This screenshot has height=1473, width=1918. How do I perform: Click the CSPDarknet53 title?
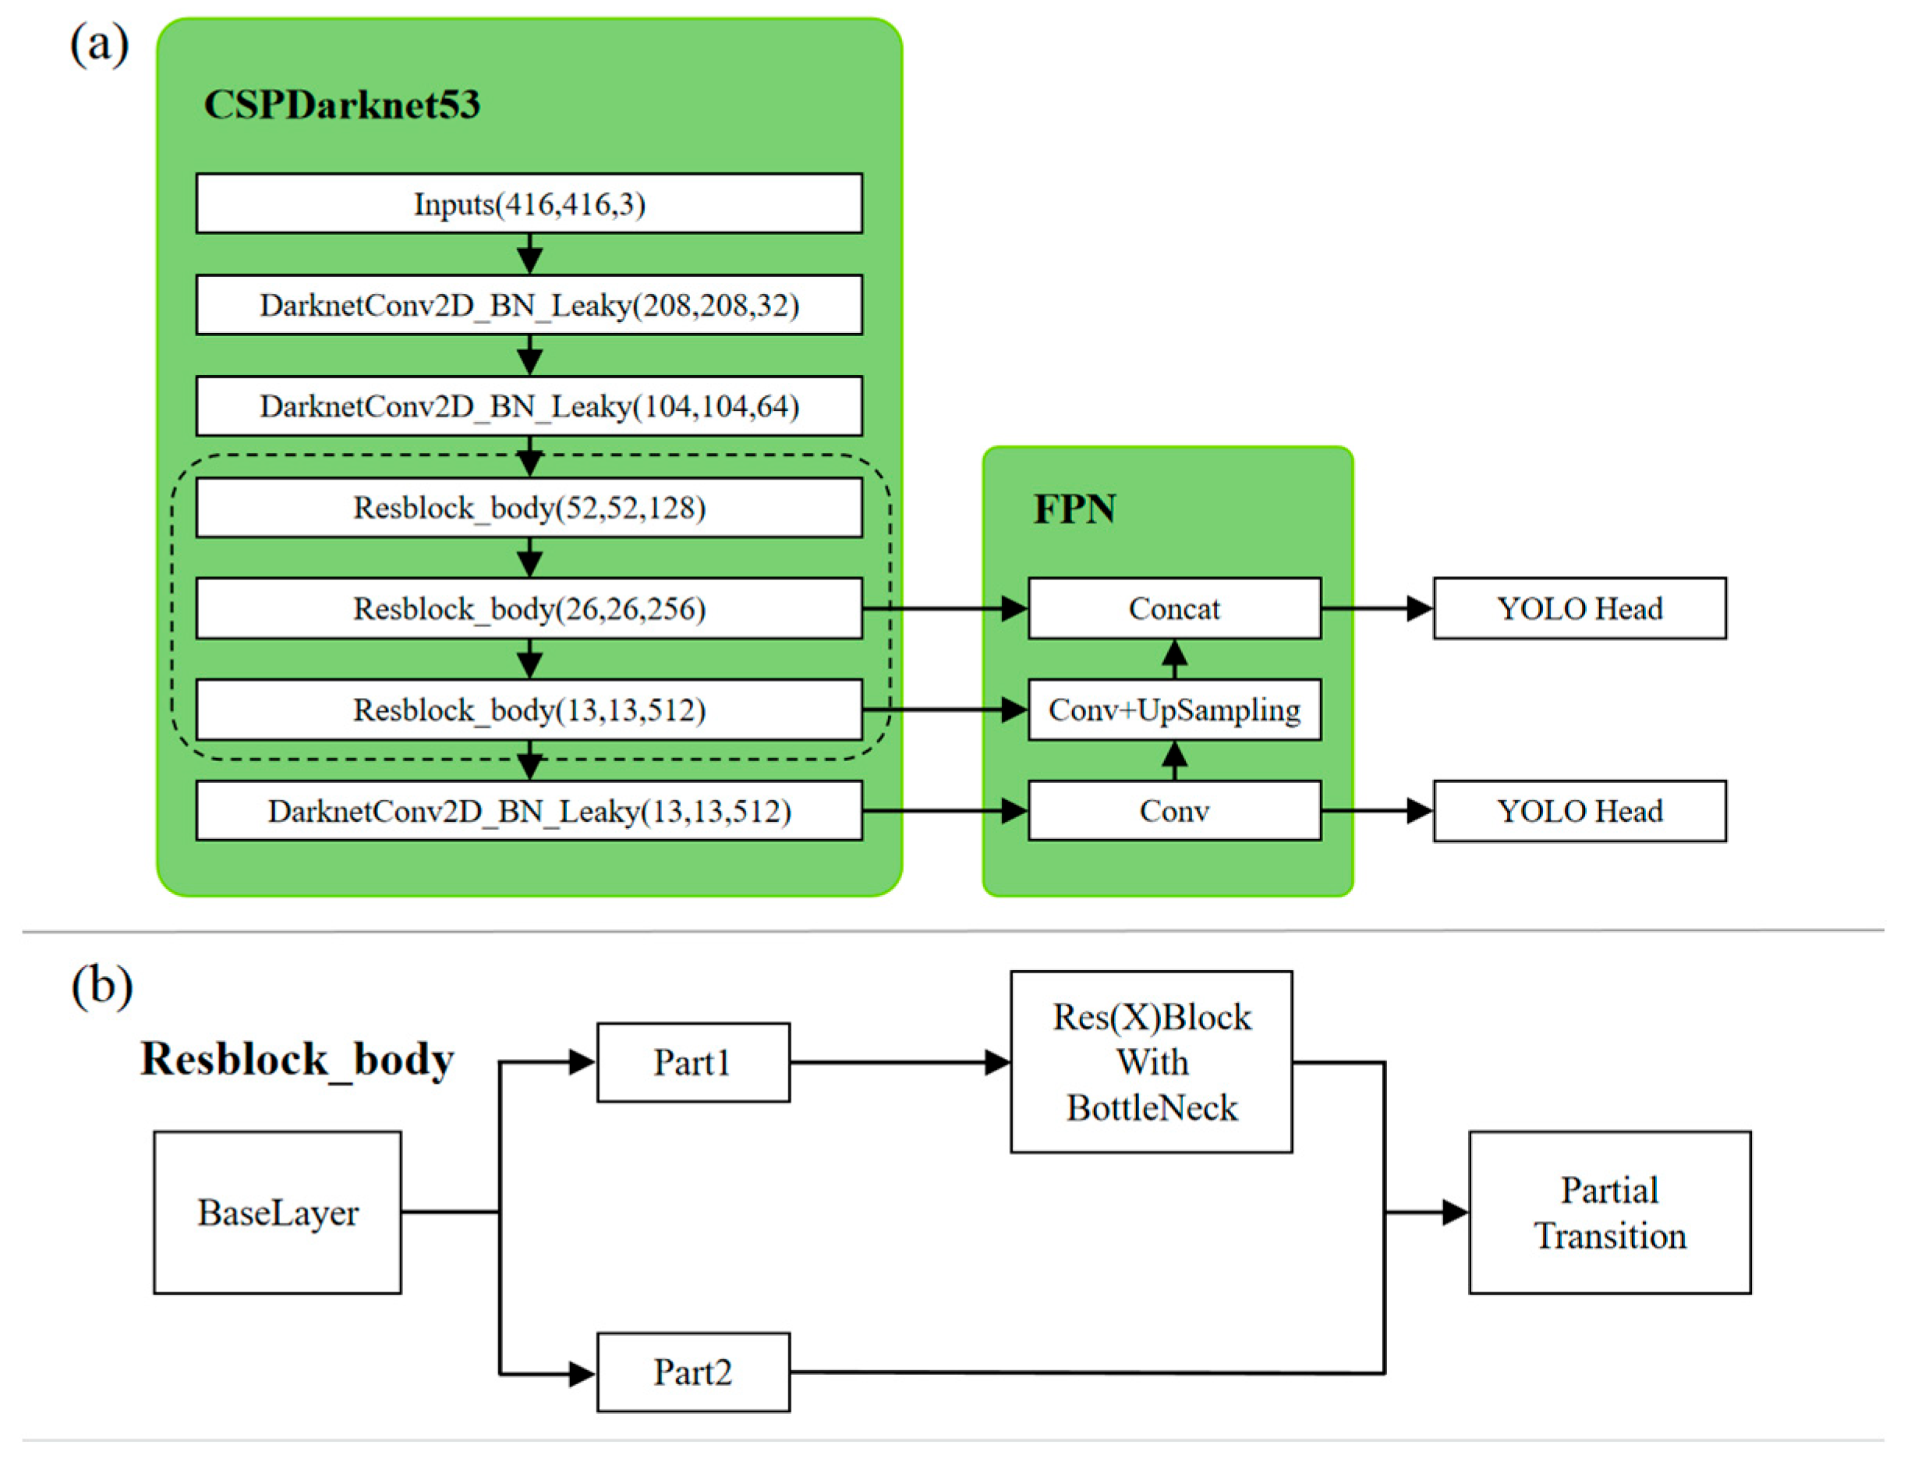(341, 105)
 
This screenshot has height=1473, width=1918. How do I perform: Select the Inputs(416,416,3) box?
(529, 204)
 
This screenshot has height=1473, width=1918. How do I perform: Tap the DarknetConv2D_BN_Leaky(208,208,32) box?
(529, 304)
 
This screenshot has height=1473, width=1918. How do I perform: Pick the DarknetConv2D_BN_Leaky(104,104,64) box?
(529, 406)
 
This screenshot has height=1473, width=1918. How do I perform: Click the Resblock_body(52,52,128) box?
(529, 507)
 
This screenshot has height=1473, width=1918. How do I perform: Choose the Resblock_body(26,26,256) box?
(529, 607)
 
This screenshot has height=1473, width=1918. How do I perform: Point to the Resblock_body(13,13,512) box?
(529, 710)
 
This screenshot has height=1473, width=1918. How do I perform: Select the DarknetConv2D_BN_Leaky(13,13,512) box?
(529, 811)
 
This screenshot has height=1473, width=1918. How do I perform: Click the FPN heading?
(1074, 509)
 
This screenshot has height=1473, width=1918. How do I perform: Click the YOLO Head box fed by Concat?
(1579, 607)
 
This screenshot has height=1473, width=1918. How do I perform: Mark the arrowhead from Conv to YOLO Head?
(1419, 811)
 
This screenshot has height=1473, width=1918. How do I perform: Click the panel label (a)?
(99, 44)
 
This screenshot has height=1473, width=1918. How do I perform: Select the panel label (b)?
(101, 986)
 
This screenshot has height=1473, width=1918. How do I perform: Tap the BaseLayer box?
(277, 1212)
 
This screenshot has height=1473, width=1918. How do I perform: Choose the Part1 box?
(692, 1062)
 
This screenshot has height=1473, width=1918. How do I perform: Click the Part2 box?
(692, 1372)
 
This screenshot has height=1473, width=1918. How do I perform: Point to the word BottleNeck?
(1151, 1108)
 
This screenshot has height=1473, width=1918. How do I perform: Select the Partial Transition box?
(1609, 1212)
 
